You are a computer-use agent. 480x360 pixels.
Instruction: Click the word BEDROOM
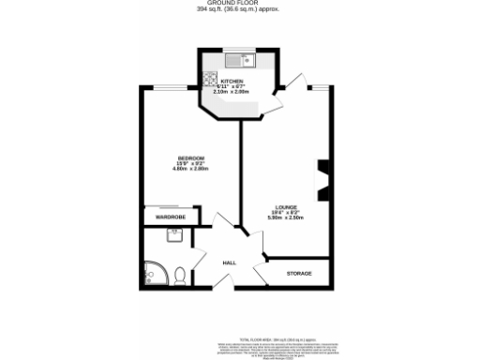(x=192, y=157)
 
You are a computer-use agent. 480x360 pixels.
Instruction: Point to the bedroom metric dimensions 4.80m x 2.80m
(x=192, y=168)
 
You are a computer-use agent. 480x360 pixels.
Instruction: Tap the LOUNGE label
(x=286, y=207)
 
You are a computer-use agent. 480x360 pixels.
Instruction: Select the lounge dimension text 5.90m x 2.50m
(x=286, y=218)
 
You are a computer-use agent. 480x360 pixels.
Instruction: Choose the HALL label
(x=229, y=263)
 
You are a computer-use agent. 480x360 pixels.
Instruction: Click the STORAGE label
(x=298, y=274)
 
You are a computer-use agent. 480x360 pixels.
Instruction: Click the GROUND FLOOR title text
(x=240, y=4)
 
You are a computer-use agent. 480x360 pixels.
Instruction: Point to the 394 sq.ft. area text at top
(x=240, y=11)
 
